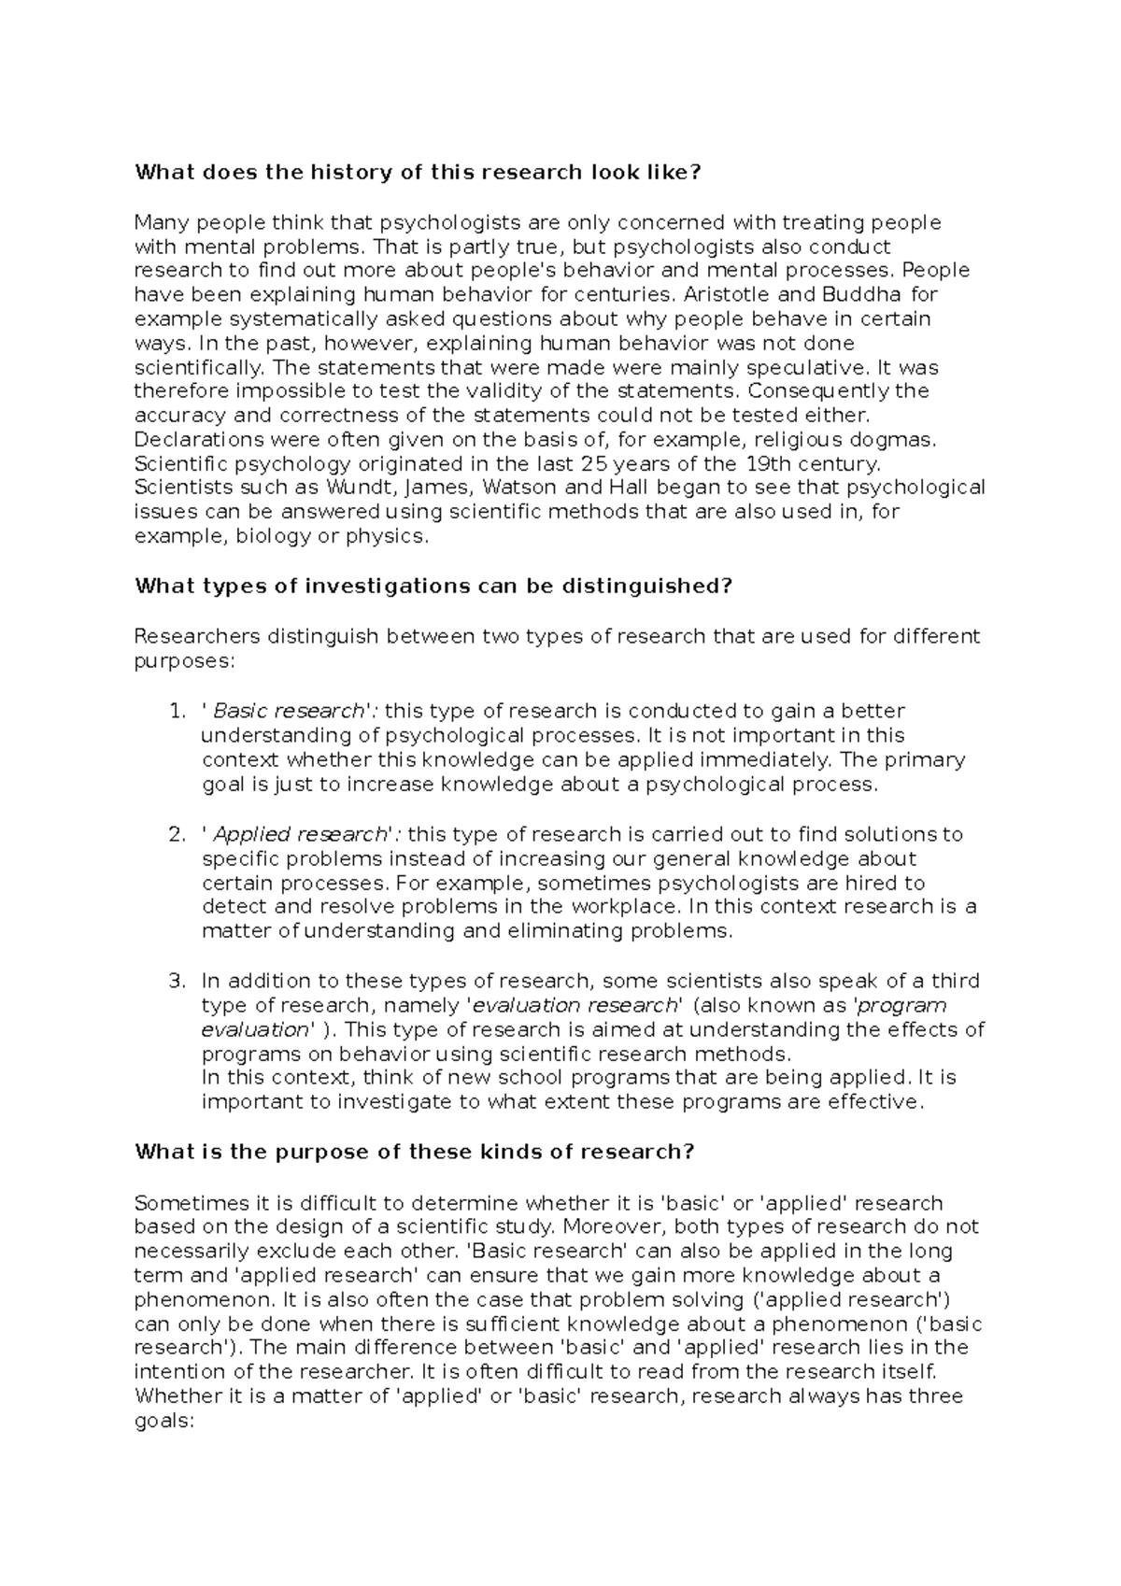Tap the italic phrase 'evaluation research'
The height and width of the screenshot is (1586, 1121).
pos(574,1006)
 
